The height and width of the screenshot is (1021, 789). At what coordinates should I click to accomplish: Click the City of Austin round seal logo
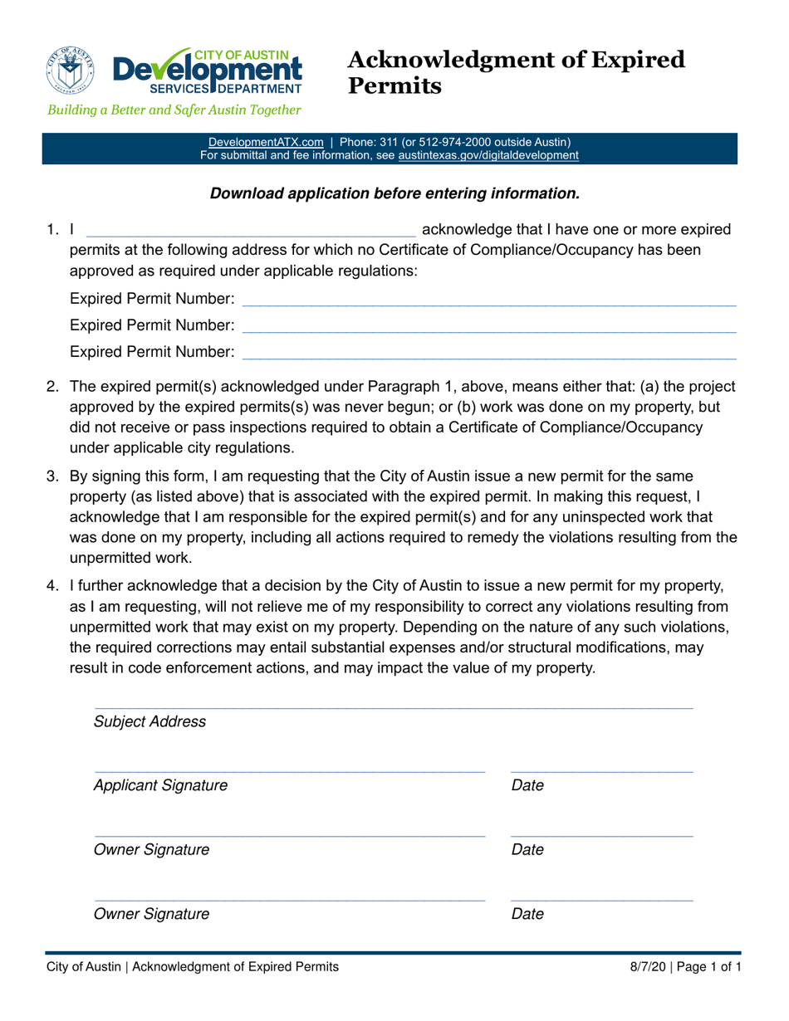click(x=71, y=70)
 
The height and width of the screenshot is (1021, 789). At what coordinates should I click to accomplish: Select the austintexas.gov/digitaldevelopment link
click(x=488, y=155)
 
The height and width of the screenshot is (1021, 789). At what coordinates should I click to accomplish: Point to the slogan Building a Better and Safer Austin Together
click(x=174, y=110)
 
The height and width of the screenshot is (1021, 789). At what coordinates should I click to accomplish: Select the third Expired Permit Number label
click(x=152, y=353)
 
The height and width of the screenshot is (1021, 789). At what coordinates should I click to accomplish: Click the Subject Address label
click(x=149, y=721)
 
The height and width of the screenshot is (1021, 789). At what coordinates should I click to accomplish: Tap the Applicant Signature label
click(x=159, y=785)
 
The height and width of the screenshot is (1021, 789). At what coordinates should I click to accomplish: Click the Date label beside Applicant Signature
click(x=527, y=785)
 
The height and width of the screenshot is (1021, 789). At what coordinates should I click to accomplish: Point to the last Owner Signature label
click(x=151, y=915)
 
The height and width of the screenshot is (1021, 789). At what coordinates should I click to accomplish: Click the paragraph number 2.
click(x=51, y=386)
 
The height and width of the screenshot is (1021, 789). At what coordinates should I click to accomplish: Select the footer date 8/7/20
click(x=646, y=967)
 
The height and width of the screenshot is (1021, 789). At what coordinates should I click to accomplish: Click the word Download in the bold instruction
click(x=247, y=193)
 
